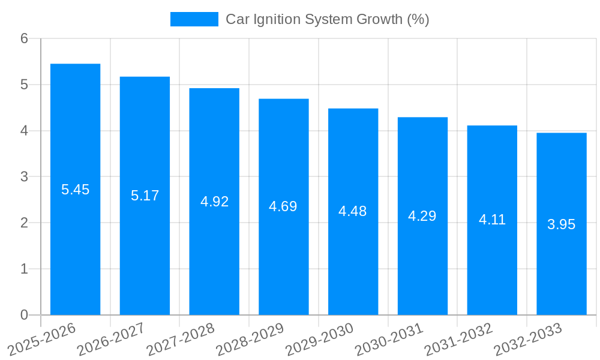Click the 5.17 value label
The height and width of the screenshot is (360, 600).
coord(145,196)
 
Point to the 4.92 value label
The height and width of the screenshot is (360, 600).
coord(214,202)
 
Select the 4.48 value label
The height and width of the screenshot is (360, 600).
coord(353,211)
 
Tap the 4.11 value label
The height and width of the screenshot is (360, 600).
coord(492,220)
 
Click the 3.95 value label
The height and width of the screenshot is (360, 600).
coord(561,224)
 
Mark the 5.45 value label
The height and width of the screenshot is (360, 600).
coord(75,190)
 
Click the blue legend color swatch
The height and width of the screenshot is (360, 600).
coord(194,19)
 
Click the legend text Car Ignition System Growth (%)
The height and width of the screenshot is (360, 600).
coord(327,19)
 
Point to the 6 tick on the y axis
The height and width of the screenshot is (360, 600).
coord(24,38)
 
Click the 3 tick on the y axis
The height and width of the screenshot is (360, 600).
coord(24,177)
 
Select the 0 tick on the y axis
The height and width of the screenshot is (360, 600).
coord(24,315)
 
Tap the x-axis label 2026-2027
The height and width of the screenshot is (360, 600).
coord(111,338)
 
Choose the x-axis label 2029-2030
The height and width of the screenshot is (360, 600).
coord(319,338)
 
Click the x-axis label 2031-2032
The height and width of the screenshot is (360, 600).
coord(458,338)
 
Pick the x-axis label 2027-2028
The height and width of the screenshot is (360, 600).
coord(181,338)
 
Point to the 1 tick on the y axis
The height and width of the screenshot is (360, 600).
coord(24,269)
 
